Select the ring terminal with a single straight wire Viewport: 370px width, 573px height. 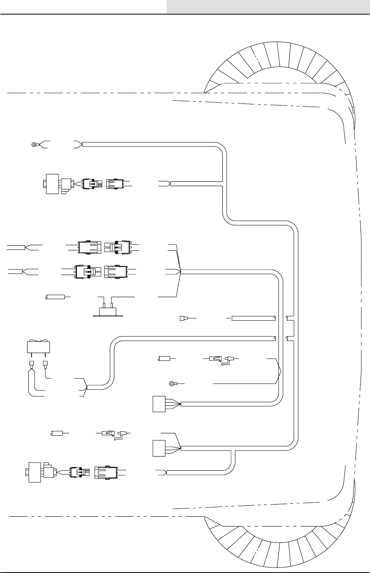172,383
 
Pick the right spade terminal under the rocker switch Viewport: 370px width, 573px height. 46,364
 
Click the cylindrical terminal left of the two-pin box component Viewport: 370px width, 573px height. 55,296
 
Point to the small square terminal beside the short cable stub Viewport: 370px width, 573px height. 182,318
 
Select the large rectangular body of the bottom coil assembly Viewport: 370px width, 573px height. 35,471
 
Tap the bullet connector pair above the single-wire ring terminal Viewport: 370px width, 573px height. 222,359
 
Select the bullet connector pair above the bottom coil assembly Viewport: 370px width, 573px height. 114,433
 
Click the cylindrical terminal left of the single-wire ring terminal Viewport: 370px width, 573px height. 164,359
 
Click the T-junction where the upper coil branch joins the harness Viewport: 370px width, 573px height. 223,182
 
